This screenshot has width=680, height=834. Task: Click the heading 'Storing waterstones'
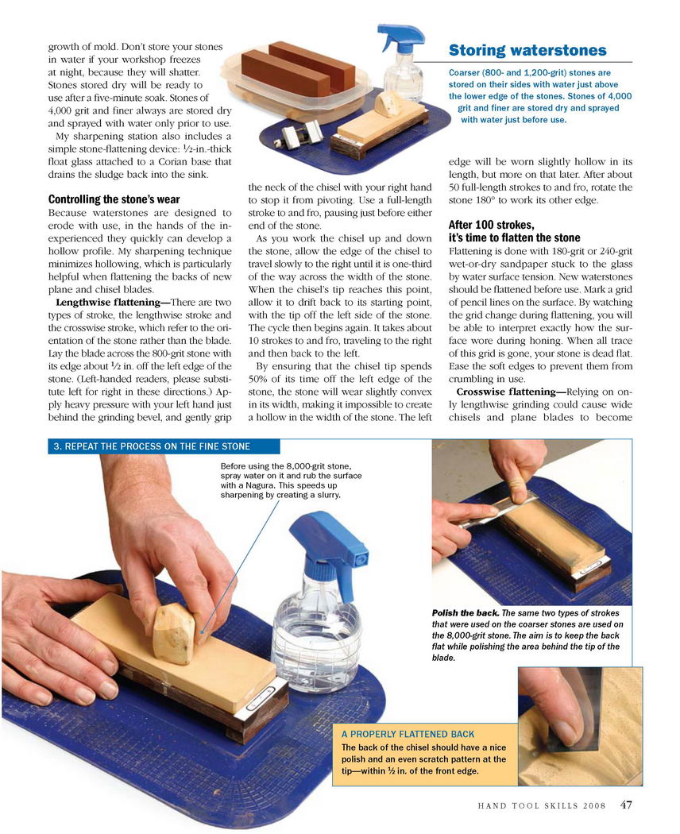point(527,51)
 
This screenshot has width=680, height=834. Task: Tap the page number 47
point(626,805)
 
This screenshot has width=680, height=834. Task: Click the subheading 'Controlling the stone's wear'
point(114,199)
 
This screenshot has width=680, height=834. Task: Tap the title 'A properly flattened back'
point(408,734)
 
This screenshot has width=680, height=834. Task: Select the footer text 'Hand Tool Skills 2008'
point(542,806)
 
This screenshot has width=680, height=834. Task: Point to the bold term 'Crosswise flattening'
point(506,392)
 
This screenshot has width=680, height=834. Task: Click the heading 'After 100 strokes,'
point(491,225)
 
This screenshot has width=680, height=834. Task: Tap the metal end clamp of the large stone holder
point(262,702)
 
